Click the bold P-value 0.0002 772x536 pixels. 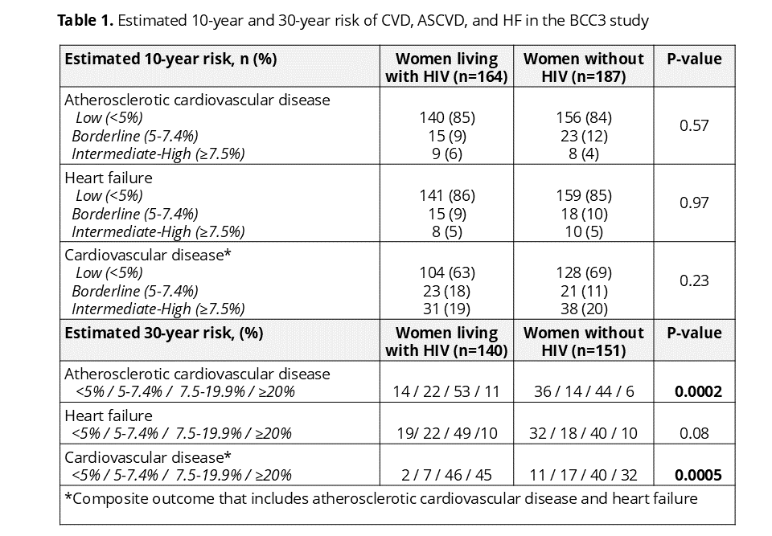[x=698, y=392]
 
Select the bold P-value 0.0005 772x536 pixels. [x=698, y=476]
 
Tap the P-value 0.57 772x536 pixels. [x=694, y=125]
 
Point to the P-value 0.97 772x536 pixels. [x=694, y=203]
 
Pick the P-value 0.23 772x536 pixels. [x=694, y=280]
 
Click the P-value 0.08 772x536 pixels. [x=694, y=434]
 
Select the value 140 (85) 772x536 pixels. [x=447, y=118]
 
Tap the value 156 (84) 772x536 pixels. [x=584, y=118]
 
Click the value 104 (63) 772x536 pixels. [x=447, y=273]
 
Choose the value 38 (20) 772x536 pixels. [x=584, y=309]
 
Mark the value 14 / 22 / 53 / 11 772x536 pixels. [x=446, y=392]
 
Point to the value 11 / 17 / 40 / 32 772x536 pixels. [x=584, y=476]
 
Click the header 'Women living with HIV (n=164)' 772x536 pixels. [x=446, y=68]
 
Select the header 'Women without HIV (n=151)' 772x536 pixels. [x=584, y=342]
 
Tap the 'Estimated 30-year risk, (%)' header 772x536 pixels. [x=164, y=333]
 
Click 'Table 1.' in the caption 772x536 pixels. [x=86, y=21]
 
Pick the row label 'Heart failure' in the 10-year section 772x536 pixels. [x=109, y=178]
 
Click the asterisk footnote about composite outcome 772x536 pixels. [x=381, y=499]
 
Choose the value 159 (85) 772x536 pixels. [x=584, y=196]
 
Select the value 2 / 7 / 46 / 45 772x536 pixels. [x=446, y=476]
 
